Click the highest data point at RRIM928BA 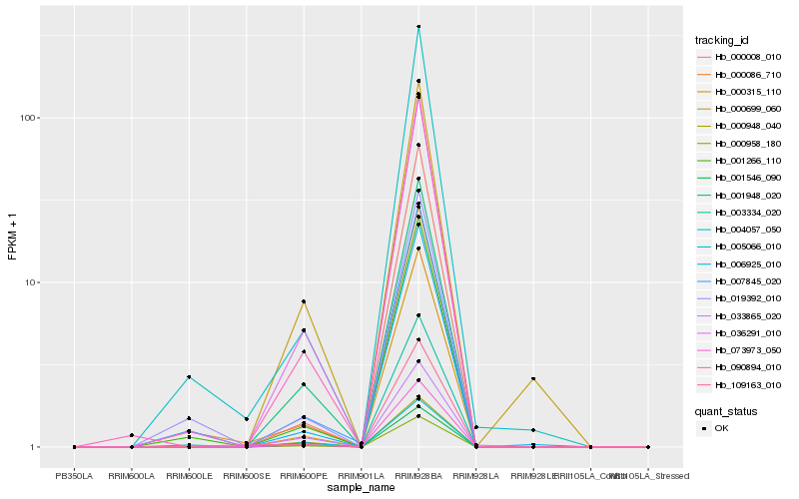tap(418, 27)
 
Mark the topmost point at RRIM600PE tap(304, 301)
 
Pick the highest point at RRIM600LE tap(189, 377)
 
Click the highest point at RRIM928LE tap(533, 379)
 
